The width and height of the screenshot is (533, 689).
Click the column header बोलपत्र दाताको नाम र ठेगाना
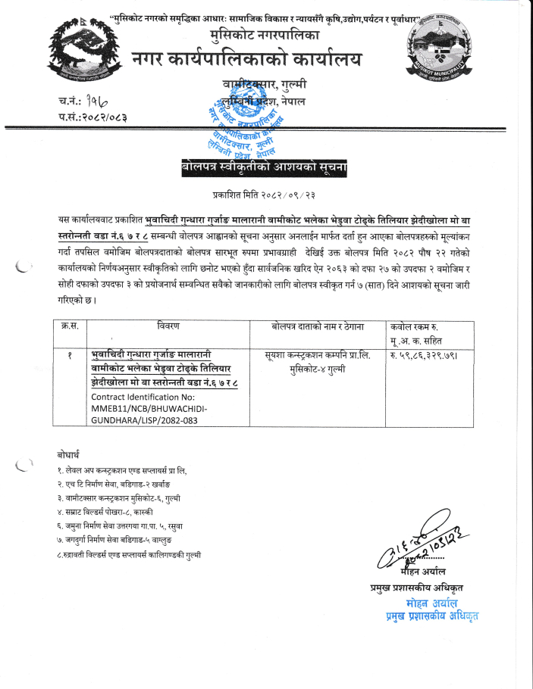(318, 326)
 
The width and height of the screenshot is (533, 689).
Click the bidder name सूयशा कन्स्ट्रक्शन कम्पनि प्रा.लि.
(318, 355)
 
